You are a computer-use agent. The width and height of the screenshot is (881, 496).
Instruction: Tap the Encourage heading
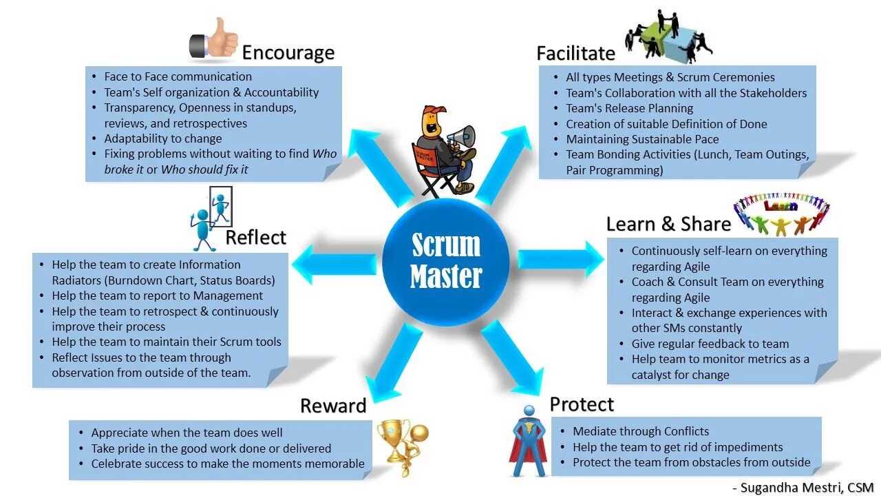click(x=288, y=52)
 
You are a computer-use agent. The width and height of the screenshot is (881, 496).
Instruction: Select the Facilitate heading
click(x=575, y=53)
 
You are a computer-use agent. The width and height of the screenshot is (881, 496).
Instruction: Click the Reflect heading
click(x=255, y=238)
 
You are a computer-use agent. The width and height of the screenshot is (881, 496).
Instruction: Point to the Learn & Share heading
click(x=668, y=224)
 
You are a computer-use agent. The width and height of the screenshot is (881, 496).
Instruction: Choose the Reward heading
click(x=333, y=406)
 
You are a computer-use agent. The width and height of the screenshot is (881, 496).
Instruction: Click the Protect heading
click(x=582, y=404)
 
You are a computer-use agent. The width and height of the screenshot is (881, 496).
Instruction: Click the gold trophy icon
click(x=395, y=440)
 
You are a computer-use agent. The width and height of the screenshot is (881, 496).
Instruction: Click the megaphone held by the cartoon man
click(x=463, y=135)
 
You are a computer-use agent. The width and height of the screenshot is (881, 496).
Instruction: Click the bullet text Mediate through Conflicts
click(x=640, y=431)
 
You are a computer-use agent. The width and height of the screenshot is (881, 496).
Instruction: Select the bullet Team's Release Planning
click(x=629, y=108)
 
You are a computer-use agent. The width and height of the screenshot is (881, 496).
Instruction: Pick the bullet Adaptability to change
click(x=162, y=138)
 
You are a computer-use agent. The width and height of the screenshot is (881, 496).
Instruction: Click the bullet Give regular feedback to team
click(x=710, y=344)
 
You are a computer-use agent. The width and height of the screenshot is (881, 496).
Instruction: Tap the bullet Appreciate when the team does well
click(x=187, y=433)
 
